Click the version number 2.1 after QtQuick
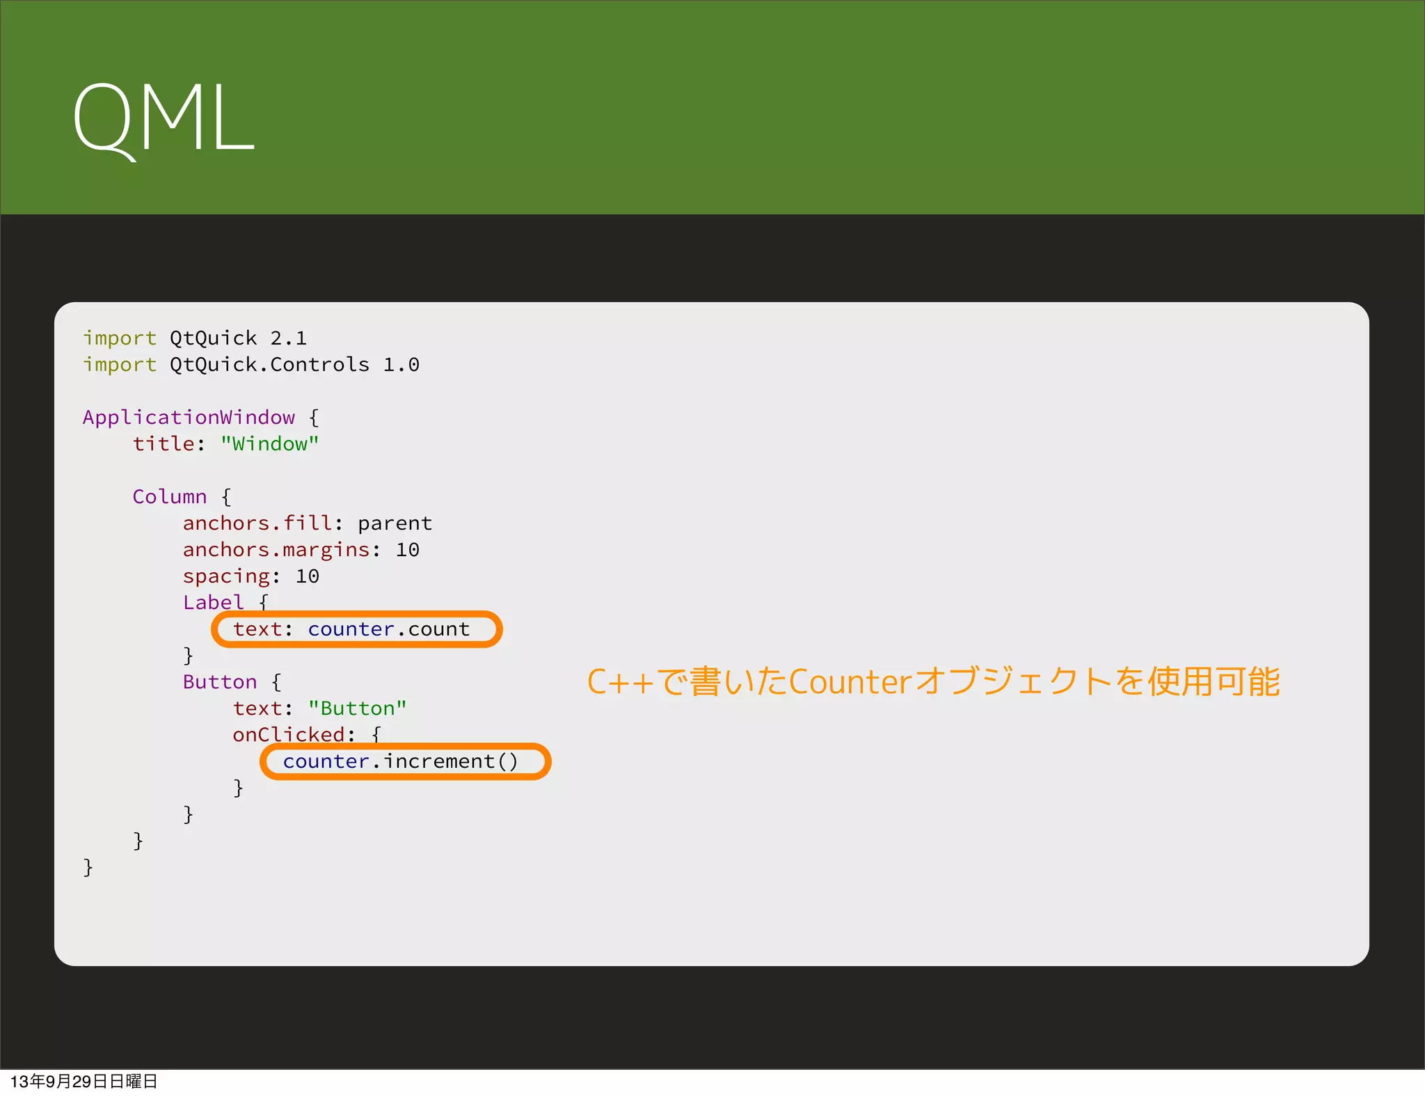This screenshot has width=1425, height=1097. click(x=288, y=338)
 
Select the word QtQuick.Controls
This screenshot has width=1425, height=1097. click(x=269, y=365)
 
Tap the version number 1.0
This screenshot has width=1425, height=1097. click(x=401, y=365)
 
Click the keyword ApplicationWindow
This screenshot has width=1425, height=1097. click(x=189, y=418)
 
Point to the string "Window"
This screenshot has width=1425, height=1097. click(x=269, y=444)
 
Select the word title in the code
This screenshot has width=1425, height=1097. click(x=163, y=444)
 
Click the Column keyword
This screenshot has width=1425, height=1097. click(x=169, y=497)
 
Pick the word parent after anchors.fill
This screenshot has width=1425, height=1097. click(x=395, y=523)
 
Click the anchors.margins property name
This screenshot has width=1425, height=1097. click(x=276, y=550)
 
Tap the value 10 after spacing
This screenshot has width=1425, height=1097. click(x=307, y=576)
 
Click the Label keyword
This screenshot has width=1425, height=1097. click(x=213, y=603)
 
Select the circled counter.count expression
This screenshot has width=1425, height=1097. click(x=388, y=629)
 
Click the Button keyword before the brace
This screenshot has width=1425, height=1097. click(x=219, y=682)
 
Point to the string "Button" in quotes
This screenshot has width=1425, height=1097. click(x=357, y=709)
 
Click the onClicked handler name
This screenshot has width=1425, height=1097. click(x=288, y=735)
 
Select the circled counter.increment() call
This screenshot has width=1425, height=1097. click(x=401, y=761)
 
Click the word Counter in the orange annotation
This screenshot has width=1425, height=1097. click(x=850, y=682)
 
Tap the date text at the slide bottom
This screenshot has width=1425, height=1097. click(x=83, y=1082)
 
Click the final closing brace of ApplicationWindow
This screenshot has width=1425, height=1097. click(x=88, y=867)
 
